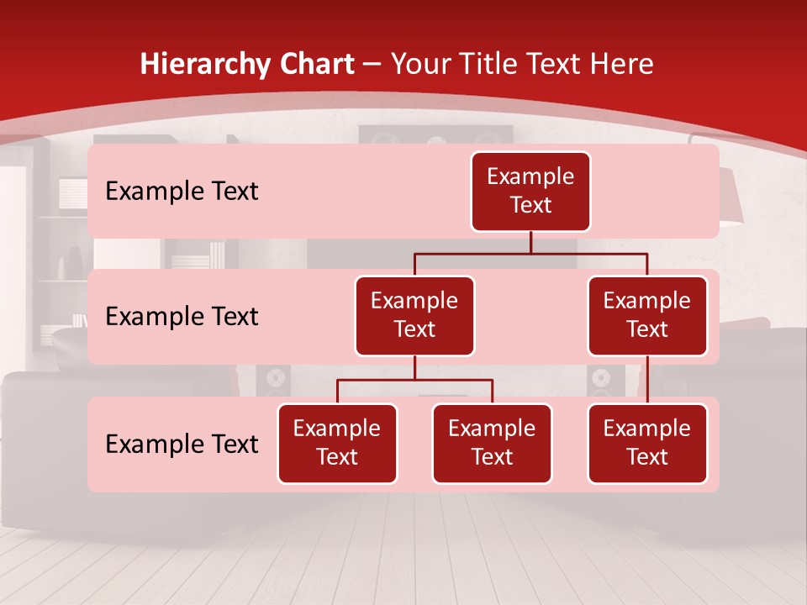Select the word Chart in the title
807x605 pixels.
tap(315, 65)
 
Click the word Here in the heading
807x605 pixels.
tap(620, 65)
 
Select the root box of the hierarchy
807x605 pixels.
tap(530, 191)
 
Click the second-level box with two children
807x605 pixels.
tap(414, 315)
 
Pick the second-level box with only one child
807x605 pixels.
tap(647, 315)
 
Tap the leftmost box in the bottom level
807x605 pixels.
tap(337, 443)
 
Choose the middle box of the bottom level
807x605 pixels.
tap(492, 443)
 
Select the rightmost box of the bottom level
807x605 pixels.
tap(647, 443)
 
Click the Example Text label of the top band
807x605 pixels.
tap(182, 192)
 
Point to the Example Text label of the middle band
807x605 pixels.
tap(182, 317)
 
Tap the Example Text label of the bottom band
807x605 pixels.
tap(182, 444)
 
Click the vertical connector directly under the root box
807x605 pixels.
tap(530, 242)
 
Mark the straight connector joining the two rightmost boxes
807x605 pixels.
tap(647, 380)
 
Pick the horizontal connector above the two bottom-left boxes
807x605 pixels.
tap(414, 380)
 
